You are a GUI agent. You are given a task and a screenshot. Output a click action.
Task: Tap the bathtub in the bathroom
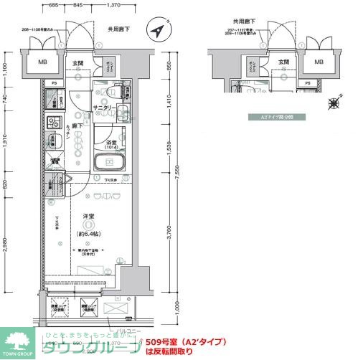[111, 164]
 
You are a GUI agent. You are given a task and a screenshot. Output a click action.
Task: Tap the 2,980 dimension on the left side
[5, 244]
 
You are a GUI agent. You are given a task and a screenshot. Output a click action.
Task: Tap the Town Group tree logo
[17, 341]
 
